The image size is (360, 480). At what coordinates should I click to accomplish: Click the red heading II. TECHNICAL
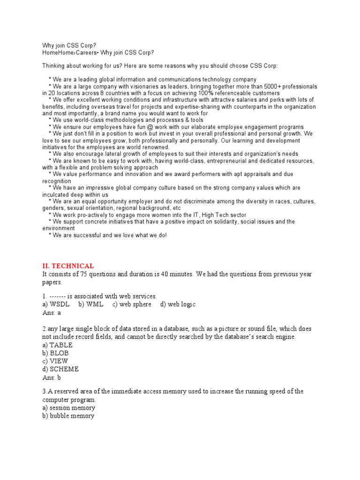point(68,266)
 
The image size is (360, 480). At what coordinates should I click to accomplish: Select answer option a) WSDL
point(56,305)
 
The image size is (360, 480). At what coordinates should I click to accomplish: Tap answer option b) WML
point(91,305)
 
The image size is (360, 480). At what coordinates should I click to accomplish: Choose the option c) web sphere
point(132,305)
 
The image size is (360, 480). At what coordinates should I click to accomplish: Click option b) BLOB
point(57,353)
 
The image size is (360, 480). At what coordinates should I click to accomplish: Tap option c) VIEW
point(55,361)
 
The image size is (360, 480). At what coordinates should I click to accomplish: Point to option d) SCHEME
point(60,369)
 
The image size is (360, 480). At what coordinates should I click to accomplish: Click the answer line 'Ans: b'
point(52,377)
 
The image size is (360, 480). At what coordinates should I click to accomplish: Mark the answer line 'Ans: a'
point(52,313)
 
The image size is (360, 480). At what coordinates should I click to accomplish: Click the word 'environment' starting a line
point(59,228)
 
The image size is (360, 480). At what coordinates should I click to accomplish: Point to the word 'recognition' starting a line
point(56,181)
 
